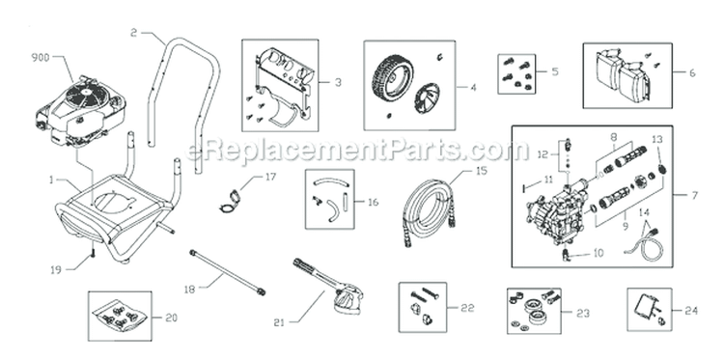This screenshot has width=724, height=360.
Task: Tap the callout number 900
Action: coord(42,57)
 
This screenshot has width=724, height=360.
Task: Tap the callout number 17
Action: coord(270,177)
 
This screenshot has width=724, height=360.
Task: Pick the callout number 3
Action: coord(338,83)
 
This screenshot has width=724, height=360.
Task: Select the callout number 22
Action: coord(470,308)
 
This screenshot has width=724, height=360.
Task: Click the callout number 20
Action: coord(172,316)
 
